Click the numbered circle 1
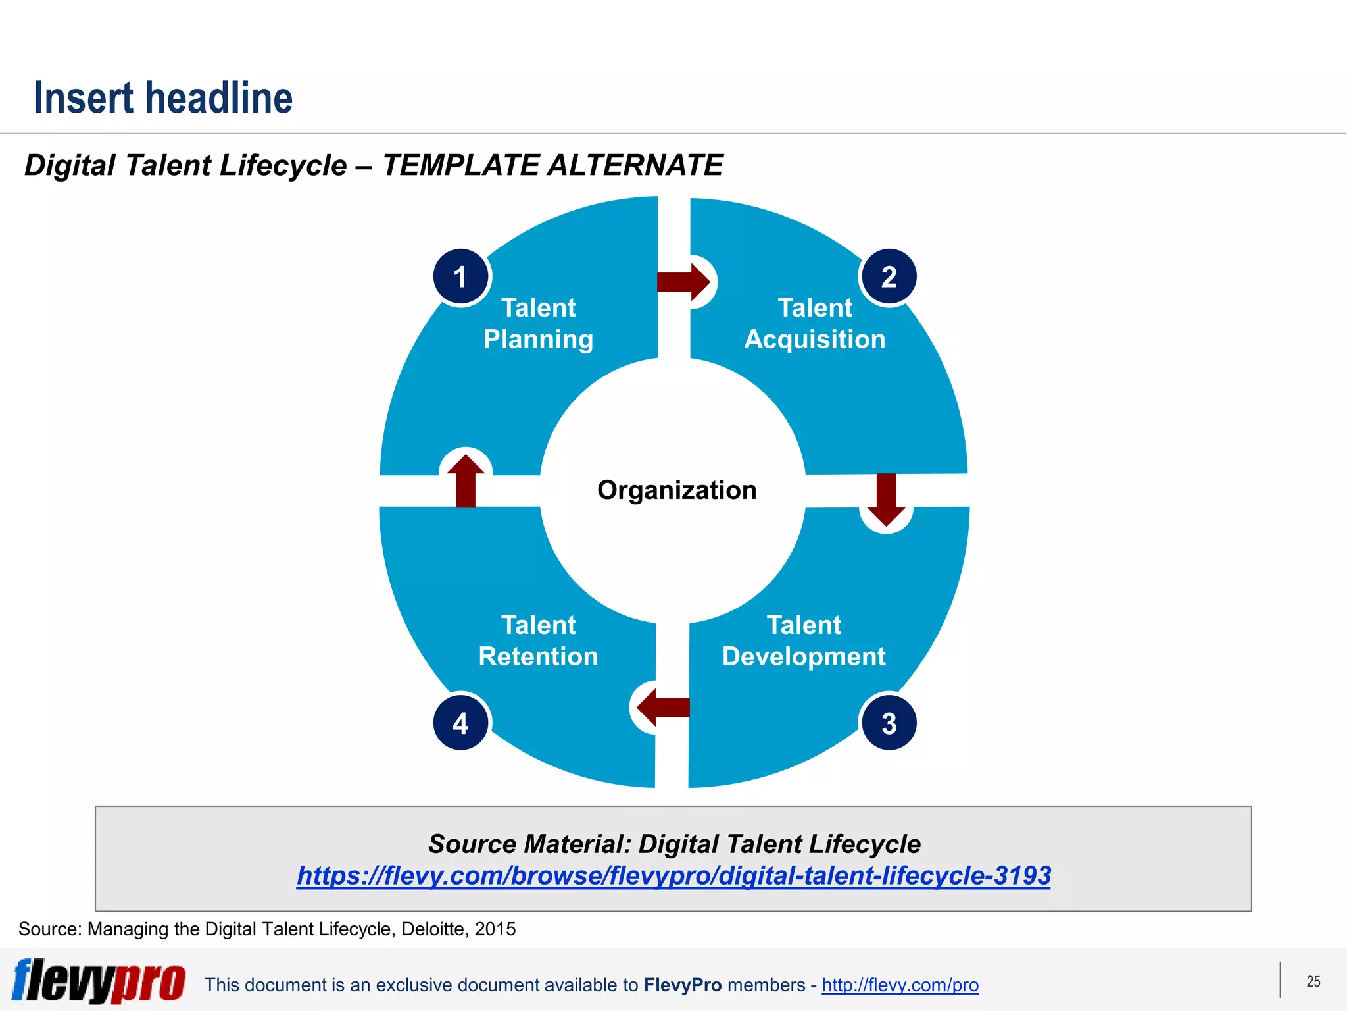461,277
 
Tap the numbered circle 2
889,277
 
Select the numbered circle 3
889,723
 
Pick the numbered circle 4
461,723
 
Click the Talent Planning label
538,323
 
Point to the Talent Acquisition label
815,323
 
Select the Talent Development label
804,640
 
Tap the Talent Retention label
538,640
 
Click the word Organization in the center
677,490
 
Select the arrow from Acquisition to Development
887,499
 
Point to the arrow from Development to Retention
663,707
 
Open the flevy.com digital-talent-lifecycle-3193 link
673,875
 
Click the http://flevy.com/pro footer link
900,985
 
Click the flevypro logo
99,981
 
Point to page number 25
1313,981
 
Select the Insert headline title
163,97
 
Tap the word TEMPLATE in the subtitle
460,165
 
